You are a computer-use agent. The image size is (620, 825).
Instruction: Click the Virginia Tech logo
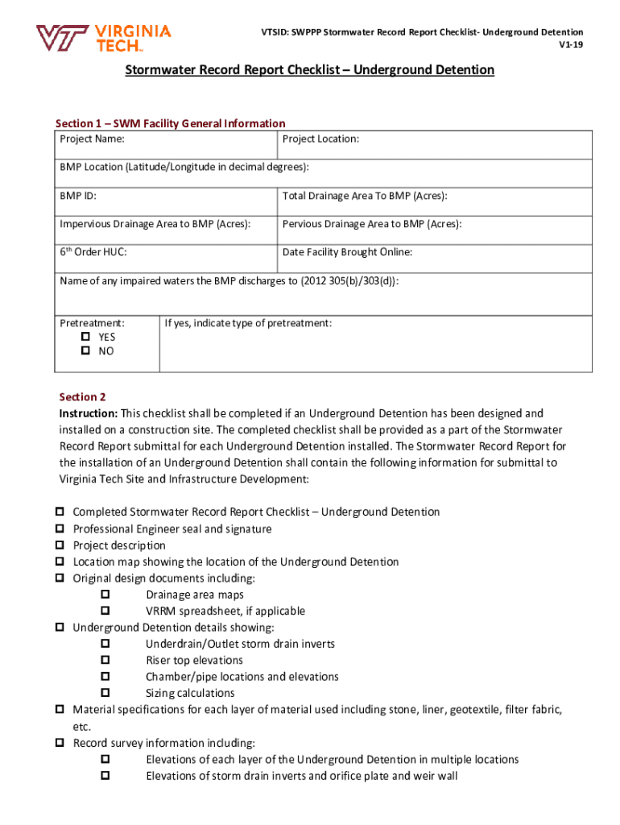pyautogui.click(x=103, y=38)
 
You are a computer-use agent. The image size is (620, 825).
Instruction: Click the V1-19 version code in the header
pyautogui.click(x=571, y=45)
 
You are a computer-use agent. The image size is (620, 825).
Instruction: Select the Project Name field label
pyautogui.click(x=92, y=139)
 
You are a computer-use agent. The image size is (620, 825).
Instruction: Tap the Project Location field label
pyautogui.click(x=320, y=139)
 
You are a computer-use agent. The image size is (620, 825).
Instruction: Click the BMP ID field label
pyautogui.click(x=79, y=196)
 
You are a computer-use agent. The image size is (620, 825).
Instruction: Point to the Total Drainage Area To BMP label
pyautogui.click(x=364, y=196)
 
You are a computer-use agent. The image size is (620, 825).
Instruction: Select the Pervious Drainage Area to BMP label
pyautogui.click(x=372, y=224)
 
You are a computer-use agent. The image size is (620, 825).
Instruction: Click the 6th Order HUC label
pyautogui.click(x=93, y=252)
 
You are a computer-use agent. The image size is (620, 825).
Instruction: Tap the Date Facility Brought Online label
pyautogui.click(x=347, y=252)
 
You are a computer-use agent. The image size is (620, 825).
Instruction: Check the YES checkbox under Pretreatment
pyautogui.click(x=85, y=338)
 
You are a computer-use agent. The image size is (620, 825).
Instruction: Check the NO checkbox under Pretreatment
pyautogui.click(x=85, y=352)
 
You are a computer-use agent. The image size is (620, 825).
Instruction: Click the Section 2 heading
pyautogui.click(x=83, y=397)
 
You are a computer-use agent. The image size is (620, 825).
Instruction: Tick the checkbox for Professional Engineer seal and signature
pyautogui.click(x=60, y=529)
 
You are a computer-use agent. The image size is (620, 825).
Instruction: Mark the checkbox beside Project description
pyautogui.click(x=60, y=545)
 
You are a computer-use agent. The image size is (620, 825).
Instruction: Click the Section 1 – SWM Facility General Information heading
pyautogui.click(x=170, y=123)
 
